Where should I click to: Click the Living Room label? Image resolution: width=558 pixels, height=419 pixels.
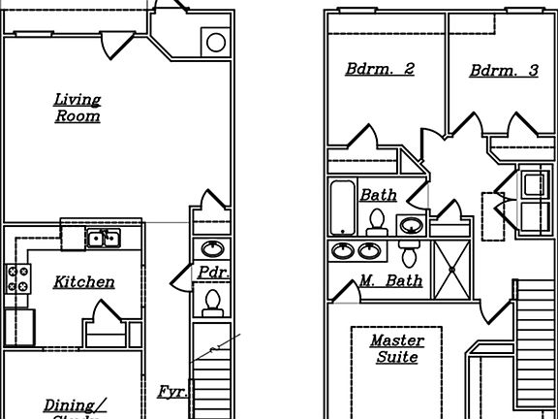77,108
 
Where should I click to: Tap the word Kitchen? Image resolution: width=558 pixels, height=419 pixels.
83,282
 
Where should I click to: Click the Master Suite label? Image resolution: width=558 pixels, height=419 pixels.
394,349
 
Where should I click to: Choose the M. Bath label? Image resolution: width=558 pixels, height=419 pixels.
390,281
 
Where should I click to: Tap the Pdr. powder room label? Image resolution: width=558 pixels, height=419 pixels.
213,273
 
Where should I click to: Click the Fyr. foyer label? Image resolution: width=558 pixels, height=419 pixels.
172,392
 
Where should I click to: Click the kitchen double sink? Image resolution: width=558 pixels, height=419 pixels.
102,238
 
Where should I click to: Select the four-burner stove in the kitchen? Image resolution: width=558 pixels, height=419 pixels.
18,278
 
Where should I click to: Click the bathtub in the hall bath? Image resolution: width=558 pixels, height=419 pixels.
342,207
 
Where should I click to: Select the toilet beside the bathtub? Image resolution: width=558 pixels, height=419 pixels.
378,221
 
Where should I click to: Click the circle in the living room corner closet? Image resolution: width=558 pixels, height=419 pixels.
216,42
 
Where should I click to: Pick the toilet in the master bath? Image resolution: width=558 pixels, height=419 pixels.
409,254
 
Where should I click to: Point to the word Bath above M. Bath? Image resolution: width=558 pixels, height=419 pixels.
378,195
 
